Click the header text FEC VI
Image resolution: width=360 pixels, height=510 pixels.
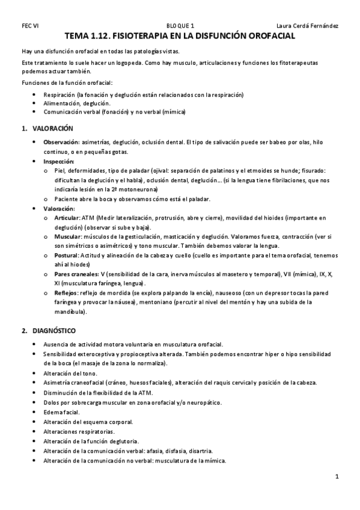click(30, 26)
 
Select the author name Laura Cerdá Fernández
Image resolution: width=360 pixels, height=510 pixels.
click(307, 26)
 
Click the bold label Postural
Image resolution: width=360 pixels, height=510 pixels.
click(65, 256)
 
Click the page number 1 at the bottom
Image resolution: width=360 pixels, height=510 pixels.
click(337, 477)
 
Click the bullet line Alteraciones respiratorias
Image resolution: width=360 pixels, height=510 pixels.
click(78, 431)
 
